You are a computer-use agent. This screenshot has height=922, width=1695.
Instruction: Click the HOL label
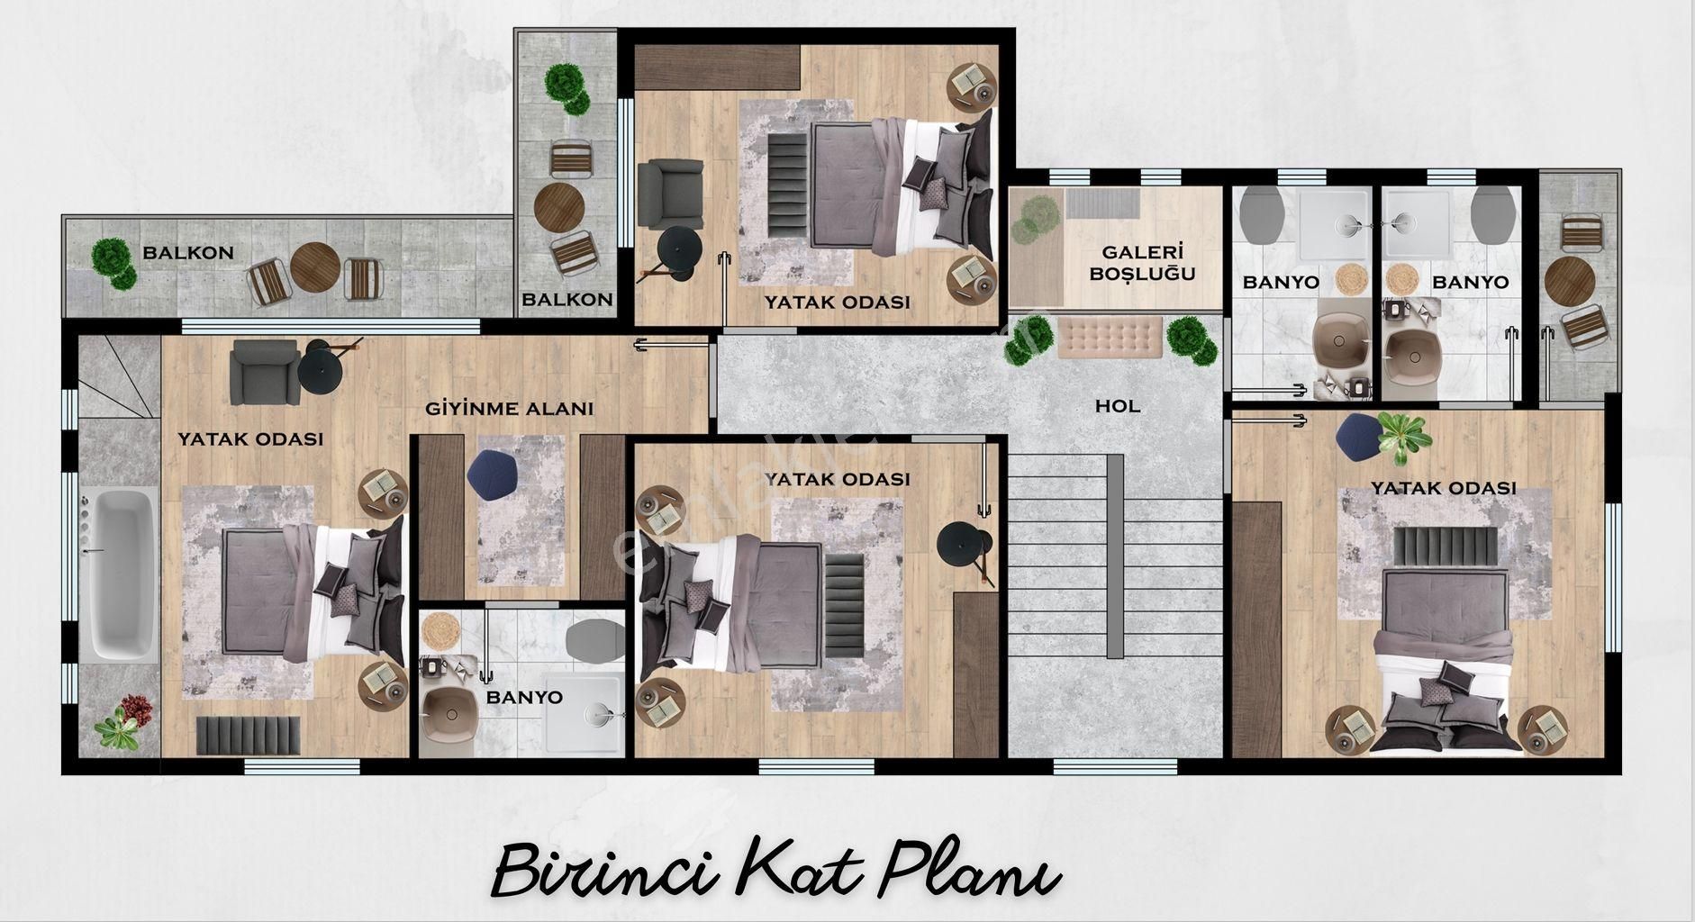pos(1118,406)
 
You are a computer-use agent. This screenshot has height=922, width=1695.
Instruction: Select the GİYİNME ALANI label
pos(510,409)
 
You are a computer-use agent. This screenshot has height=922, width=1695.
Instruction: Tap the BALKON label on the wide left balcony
pos(188,253)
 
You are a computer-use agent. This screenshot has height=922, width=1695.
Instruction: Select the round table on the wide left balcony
pos(314,267)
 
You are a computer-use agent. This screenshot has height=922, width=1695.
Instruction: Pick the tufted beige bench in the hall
pos(1109,337)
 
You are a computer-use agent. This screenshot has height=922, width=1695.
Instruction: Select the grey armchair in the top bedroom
pos(670,194)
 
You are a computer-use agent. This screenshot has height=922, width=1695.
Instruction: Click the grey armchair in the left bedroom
pos(265,373)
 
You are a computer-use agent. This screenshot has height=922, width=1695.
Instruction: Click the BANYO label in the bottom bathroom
pos(524,697)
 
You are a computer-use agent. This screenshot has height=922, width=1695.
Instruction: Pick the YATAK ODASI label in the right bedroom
pos(1444,488)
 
